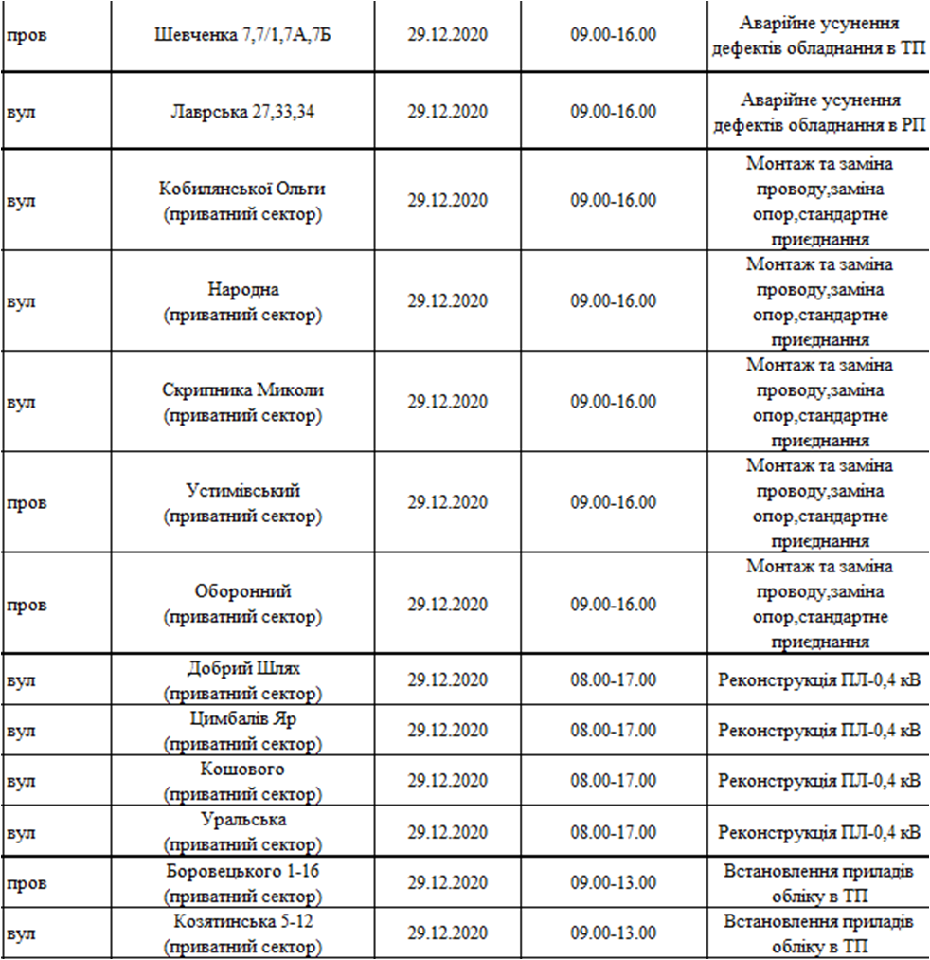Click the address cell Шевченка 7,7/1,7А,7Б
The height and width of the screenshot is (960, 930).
242,35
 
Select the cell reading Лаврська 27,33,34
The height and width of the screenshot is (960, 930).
242,111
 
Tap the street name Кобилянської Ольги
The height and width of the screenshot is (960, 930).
242,189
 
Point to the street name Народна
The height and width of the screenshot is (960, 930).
242,289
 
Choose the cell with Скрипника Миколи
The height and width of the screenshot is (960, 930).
242,389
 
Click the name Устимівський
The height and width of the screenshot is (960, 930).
242,491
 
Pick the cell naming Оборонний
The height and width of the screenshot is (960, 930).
242,591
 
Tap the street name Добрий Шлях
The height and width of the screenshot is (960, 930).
242,668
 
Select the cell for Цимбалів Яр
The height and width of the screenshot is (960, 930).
242,718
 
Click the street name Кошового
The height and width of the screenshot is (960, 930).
242,769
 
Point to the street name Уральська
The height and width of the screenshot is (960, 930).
242,820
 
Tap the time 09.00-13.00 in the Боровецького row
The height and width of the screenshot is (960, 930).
613,882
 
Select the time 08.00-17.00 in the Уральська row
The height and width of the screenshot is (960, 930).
613,832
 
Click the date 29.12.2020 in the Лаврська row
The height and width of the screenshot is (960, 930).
448,111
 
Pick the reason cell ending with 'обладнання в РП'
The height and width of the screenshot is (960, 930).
819,112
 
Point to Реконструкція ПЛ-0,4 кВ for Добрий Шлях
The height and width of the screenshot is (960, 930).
819,679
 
